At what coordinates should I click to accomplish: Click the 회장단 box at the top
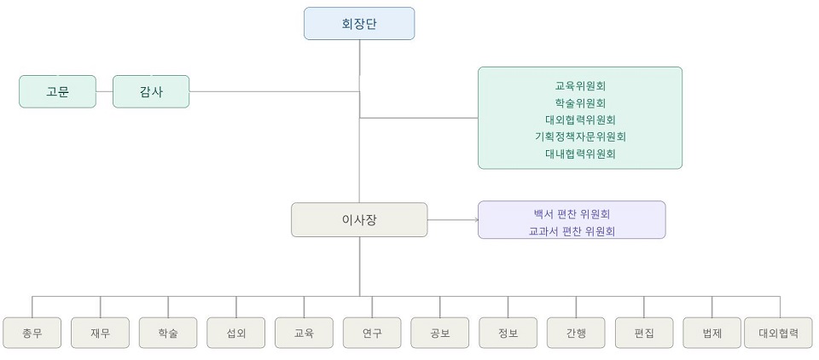click(x=359, y=24)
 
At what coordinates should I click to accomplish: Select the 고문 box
click(x=57, y=91)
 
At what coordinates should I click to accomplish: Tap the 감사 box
click(x=151, y=91)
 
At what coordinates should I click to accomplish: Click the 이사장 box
click(x=359, y=219)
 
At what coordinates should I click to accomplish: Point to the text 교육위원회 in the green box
click(x=580, y=85)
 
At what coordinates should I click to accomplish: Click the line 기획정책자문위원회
click(x=580, y=136)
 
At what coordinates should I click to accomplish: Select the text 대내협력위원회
click(x=580, y=154)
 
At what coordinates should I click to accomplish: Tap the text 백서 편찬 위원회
click(x=572, y=213)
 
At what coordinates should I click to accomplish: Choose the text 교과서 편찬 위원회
click(x=572, y=230)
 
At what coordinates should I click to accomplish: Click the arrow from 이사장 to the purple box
click(x=453, y=219)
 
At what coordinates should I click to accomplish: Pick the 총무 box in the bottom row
click(x=32, y=333)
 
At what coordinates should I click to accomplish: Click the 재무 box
click(x=101, y=333)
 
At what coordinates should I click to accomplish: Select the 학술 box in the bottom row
click(x=168, y=333)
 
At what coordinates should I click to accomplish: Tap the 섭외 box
click(x=236, y=333)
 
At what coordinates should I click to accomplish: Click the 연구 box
click(x=372, y=333)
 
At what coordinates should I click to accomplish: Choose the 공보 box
click(x=440, y=333)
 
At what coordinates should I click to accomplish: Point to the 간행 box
click(x=576, y=333)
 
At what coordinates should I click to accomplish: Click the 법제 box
click(x=712, y=333)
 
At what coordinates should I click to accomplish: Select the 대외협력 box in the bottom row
click(x=779, y=333)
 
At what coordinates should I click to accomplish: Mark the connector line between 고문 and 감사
click(x=104, y=91)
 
